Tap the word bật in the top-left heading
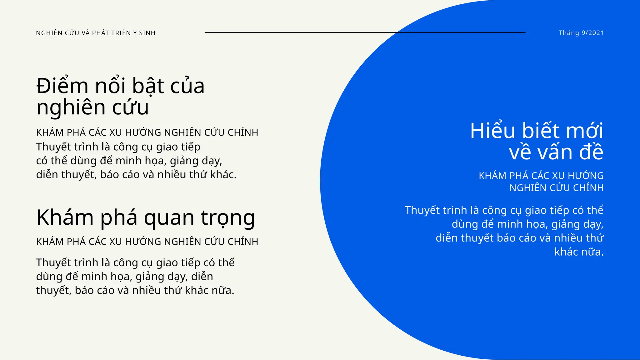148,86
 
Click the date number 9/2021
592,33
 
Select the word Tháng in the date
569,33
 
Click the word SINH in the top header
147,33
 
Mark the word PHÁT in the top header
101,33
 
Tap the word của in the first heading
187,86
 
